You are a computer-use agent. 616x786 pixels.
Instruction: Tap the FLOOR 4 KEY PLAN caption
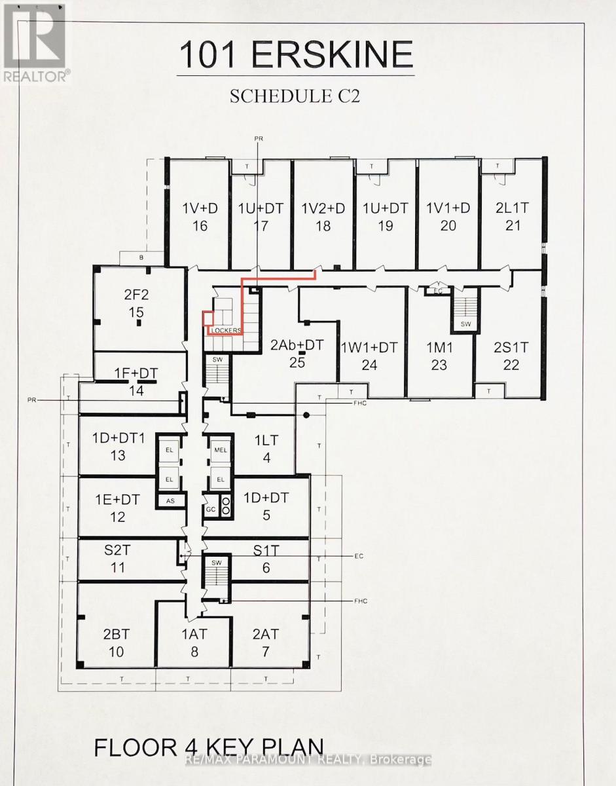pos(209,749)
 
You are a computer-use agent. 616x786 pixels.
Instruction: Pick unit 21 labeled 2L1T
pos(513,217)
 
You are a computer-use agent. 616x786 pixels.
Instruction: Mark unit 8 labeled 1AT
pos(194,643)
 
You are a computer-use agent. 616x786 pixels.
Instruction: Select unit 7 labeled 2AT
pos(266,643)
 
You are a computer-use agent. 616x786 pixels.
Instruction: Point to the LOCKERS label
pos(226,330)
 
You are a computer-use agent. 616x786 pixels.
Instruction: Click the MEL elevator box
pos(220,451)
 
